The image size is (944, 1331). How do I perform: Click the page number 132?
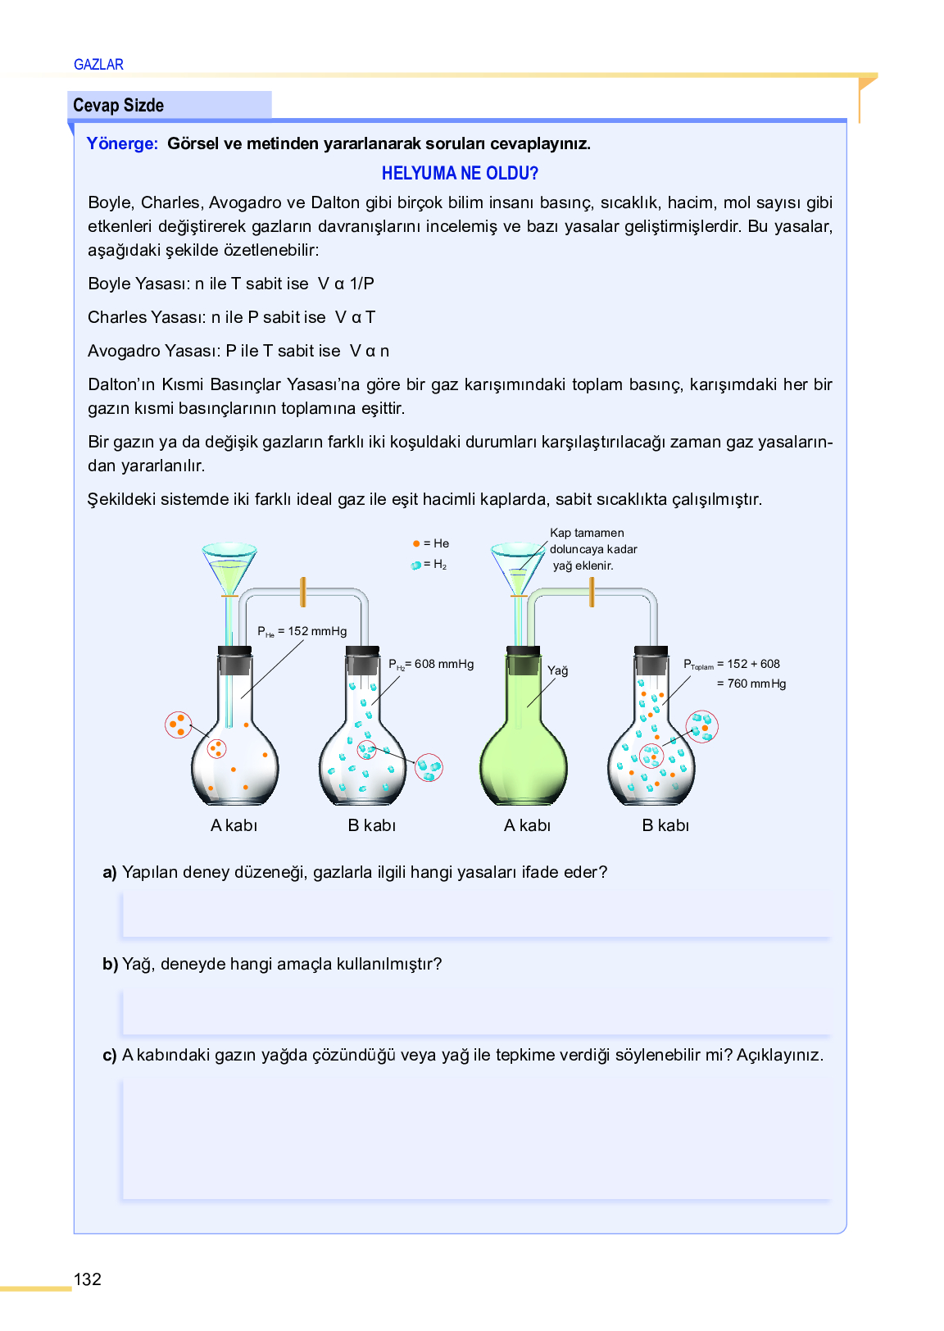click(x=88, y=1279)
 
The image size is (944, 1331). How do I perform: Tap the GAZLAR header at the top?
click(x=98, y=65)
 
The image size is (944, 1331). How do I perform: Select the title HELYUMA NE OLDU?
click(x=460, y=173)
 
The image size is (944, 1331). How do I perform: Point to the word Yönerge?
click(x=122, y=143)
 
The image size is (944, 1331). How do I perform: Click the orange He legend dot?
click(x=416, y=543)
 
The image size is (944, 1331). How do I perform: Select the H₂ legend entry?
click(x=429, y=565)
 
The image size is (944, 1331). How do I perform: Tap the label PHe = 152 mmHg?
click(x=302, y=631)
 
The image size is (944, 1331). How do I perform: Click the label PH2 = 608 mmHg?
click(x=431, y=664)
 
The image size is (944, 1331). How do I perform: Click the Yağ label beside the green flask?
click(x=557, y=670)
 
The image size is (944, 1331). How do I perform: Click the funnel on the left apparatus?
click(x=229, y=566)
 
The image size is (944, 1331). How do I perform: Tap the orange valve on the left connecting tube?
click(x=303, y=592)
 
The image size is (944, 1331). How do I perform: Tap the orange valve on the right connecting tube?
click(x=592, y=592)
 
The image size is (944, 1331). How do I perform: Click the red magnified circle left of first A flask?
click(x=178, y=725)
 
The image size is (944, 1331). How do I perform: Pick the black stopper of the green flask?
click(x=523, y=661)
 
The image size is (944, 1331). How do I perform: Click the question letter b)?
click(x=110, y=964)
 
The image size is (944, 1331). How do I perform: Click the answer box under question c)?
click(x=476, y=1139)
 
